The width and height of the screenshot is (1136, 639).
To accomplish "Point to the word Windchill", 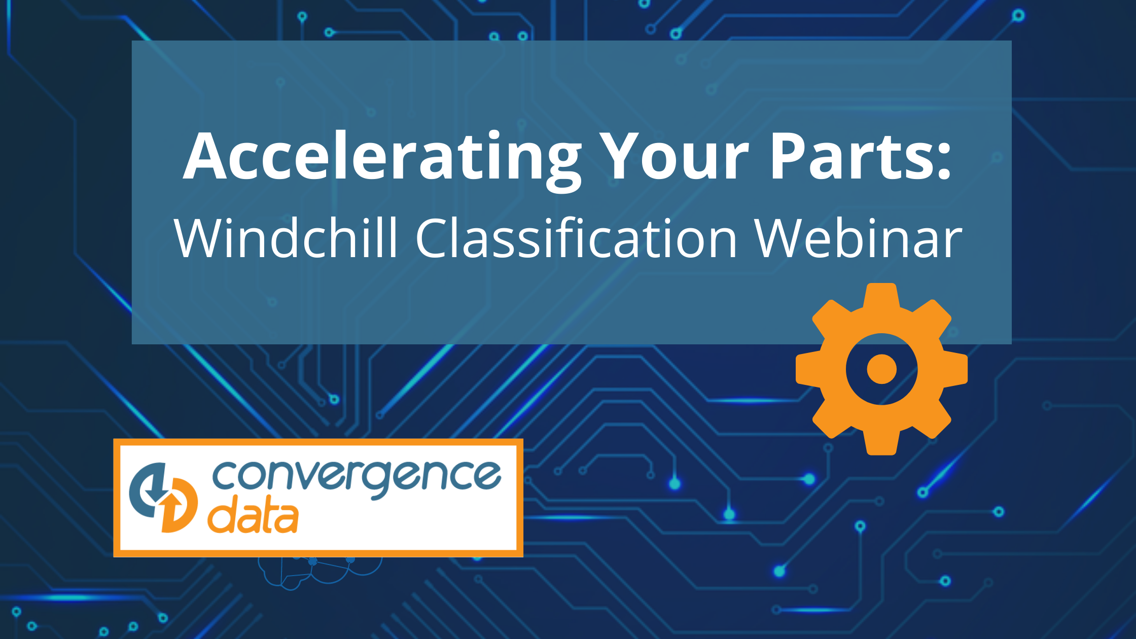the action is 286,237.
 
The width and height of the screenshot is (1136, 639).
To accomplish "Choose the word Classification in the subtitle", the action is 576,237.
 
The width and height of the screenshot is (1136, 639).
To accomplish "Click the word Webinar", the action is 858,237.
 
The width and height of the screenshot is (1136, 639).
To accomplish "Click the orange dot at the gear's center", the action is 882,369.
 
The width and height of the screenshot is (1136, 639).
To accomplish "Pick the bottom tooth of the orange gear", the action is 881,442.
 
